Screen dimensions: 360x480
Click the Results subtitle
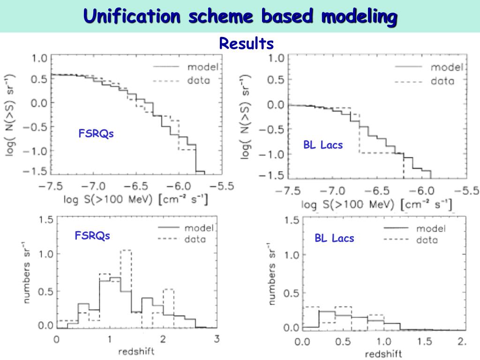tap(246, 44)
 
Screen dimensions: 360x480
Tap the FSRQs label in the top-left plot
tap(96, 134)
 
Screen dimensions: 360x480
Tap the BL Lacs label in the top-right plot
tap(323, 145)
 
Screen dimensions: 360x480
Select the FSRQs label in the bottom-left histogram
tap(92, 235)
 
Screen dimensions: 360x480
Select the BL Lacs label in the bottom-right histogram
tap(334, 239)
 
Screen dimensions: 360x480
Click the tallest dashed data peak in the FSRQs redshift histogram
tap(126, 251)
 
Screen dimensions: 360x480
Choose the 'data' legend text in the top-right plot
tap(442, 81)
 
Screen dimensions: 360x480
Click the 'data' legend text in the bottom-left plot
tap(195, 240)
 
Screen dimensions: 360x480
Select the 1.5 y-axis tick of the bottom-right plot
tap(291, 220)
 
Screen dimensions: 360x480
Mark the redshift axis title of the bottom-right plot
tap(383, 354)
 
